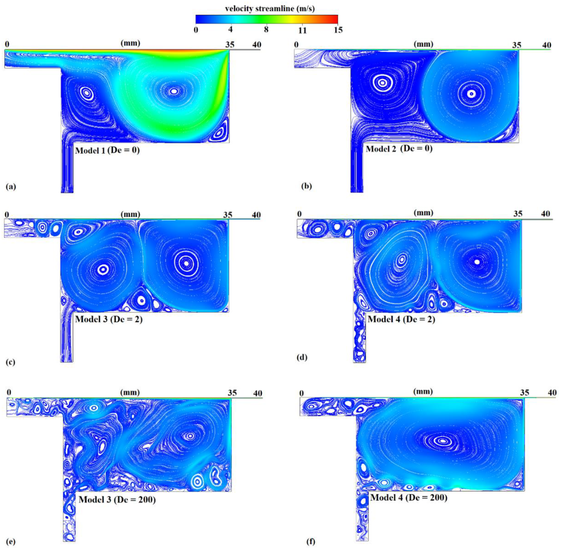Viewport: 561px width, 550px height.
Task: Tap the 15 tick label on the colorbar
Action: pos(338,30)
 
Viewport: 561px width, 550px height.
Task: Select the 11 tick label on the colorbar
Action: pos(302,30)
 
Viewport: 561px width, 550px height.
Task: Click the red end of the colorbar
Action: pos(335,19)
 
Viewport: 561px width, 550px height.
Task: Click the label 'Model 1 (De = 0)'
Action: pos(107,151)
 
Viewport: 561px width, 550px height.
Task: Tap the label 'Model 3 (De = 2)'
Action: pos(109,319)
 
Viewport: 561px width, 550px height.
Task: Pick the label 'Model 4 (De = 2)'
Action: pos(401,319)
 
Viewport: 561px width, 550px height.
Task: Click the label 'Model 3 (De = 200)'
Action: pos(117,500)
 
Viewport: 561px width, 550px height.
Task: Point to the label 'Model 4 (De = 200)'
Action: pos(409,498)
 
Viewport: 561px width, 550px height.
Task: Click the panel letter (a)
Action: pos(11,187)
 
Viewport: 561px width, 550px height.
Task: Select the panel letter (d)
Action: pos(302,357)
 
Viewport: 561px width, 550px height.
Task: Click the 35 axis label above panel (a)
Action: pos(230,45)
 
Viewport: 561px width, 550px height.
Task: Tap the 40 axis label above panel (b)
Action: pos(546,45)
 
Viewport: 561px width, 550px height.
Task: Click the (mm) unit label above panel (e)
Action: pos(130,392)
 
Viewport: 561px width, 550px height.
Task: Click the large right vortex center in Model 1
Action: pos(174,91)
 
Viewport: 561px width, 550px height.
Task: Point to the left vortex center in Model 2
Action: pos(382,83)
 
